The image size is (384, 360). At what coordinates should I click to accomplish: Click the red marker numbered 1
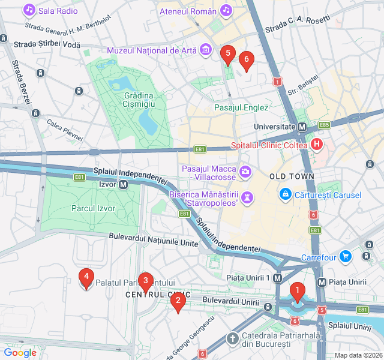[x=296, y=292]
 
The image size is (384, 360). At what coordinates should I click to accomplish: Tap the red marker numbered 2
[x=177, y=302]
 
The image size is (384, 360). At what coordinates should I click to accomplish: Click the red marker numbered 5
[x=227, y=55]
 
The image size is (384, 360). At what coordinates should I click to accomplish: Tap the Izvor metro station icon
[x=123, y=185]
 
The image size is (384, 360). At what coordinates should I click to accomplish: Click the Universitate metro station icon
[x=302, y=127]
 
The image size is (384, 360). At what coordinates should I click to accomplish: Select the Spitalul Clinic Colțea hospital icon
[x=317, y=145]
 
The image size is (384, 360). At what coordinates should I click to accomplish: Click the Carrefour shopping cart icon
[x=345, y=257]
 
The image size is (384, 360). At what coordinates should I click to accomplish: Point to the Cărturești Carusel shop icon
[x=286, y=195]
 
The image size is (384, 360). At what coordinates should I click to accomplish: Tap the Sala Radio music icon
[x=29, y=10]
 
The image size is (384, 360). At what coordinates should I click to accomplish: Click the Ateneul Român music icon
[x=226, y=10]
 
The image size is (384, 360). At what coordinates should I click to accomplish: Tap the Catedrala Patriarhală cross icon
[x=232, y=339]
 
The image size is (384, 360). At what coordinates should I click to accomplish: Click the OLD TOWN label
[x=292, y=176]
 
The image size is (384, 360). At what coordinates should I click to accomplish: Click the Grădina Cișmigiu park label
[x=139, y=100]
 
